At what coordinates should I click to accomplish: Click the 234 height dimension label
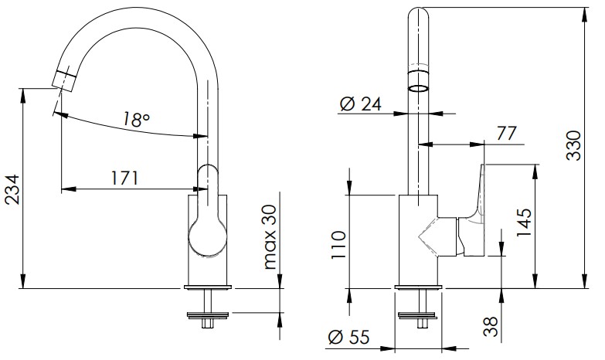[12, 189]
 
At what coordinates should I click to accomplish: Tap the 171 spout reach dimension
[124, 178]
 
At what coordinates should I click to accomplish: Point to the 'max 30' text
[270, 237]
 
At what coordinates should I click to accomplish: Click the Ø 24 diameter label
[361, 104]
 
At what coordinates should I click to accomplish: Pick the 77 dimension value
[506, 134]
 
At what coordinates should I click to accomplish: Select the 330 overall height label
[573, 145]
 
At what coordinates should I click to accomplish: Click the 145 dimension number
[525, 223]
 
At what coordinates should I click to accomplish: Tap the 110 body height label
[338, 246]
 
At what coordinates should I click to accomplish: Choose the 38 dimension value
[491, 327]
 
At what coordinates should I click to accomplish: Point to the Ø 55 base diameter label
[348, 338]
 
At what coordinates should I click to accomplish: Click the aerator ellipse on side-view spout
[419, 88]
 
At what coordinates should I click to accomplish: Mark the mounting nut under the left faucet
[209, 315]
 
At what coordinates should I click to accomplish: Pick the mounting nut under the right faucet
[419, 315]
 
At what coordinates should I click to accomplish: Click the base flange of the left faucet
[209, 287]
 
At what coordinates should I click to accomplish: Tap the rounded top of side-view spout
[419, 12]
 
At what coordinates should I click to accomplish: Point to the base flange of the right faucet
[419, 287]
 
